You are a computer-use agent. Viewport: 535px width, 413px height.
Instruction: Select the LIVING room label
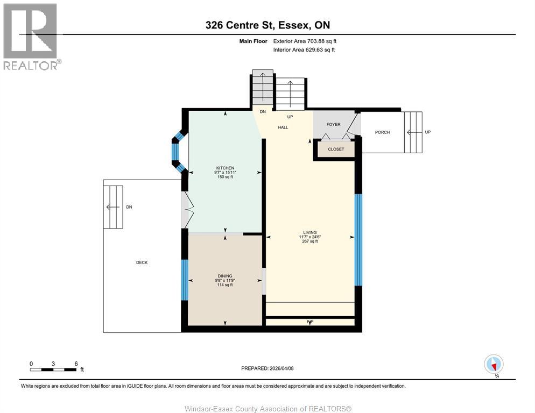[x=309, y=232]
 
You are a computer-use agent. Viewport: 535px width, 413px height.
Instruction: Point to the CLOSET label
[x=336, y=149]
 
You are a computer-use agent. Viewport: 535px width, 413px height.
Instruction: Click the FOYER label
[x=333, y=124]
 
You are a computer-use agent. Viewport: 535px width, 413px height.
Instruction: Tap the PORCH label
[x=382, y=132]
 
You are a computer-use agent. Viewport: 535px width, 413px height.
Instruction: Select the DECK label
[x=142, y=262]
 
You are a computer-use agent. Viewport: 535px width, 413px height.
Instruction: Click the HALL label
[x=283, y=127]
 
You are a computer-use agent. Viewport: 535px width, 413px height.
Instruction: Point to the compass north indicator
[x=494, y=365]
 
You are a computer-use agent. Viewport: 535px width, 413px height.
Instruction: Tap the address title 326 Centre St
[x=267, y=25]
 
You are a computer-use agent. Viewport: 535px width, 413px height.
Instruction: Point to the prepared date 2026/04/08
[x=267, y=368]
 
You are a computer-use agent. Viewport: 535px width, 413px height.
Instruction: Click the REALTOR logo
[x=31, y=36]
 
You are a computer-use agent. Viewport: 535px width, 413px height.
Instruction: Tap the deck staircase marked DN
[x=114, y=206]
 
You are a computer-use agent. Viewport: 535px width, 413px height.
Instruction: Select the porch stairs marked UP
[x=413, y=132]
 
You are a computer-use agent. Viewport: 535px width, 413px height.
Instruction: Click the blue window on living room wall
[x=358, y=239]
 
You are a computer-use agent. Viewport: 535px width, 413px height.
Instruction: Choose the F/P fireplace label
[x=310, y=322]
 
